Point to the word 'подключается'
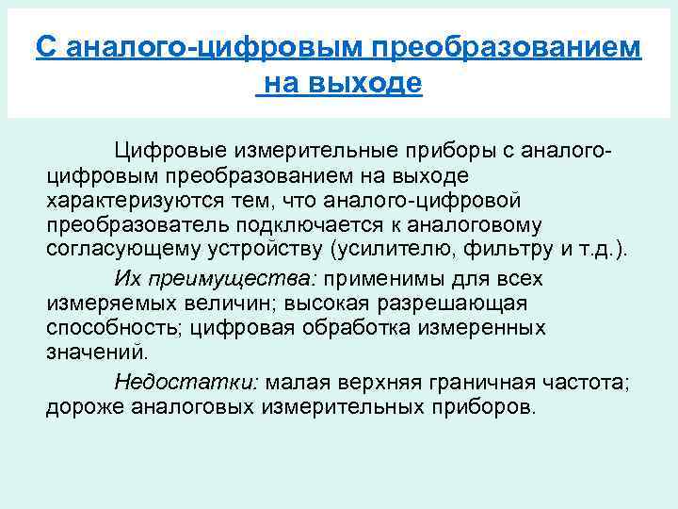tap(307, 226)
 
